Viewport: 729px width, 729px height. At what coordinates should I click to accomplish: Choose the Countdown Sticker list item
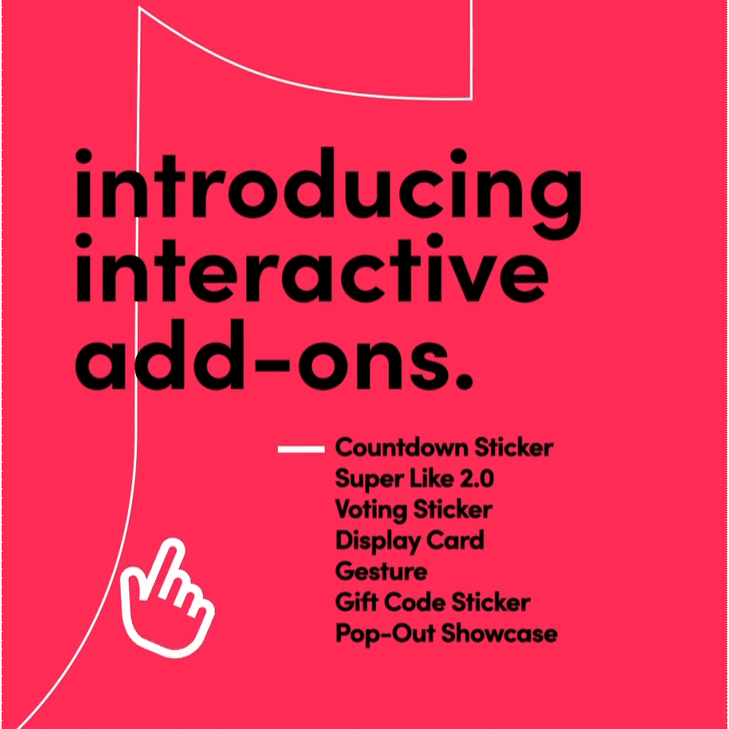pyautogui.click(x=445, y=448)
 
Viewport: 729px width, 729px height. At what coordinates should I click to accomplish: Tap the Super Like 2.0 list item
pyautogui.click(x=414, y=479)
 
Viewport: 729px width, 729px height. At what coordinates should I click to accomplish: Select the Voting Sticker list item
pyautogui.click(x=413, y=509)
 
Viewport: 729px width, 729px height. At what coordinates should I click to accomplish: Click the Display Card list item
pyautogui.click(x=409, y=540)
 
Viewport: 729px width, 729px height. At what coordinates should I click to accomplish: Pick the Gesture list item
pyautogui.click(x=381, y=571)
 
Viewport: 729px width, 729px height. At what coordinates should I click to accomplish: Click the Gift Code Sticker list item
pyautogui.click(x=433, y=603)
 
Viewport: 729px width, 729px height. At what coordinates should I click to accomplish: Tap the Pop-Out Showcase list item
pyautogui.click(x=446, y=633)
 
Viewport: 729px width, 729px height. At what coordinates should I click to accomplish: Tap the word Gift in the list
pyautogui.click(x=353, y=603)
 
